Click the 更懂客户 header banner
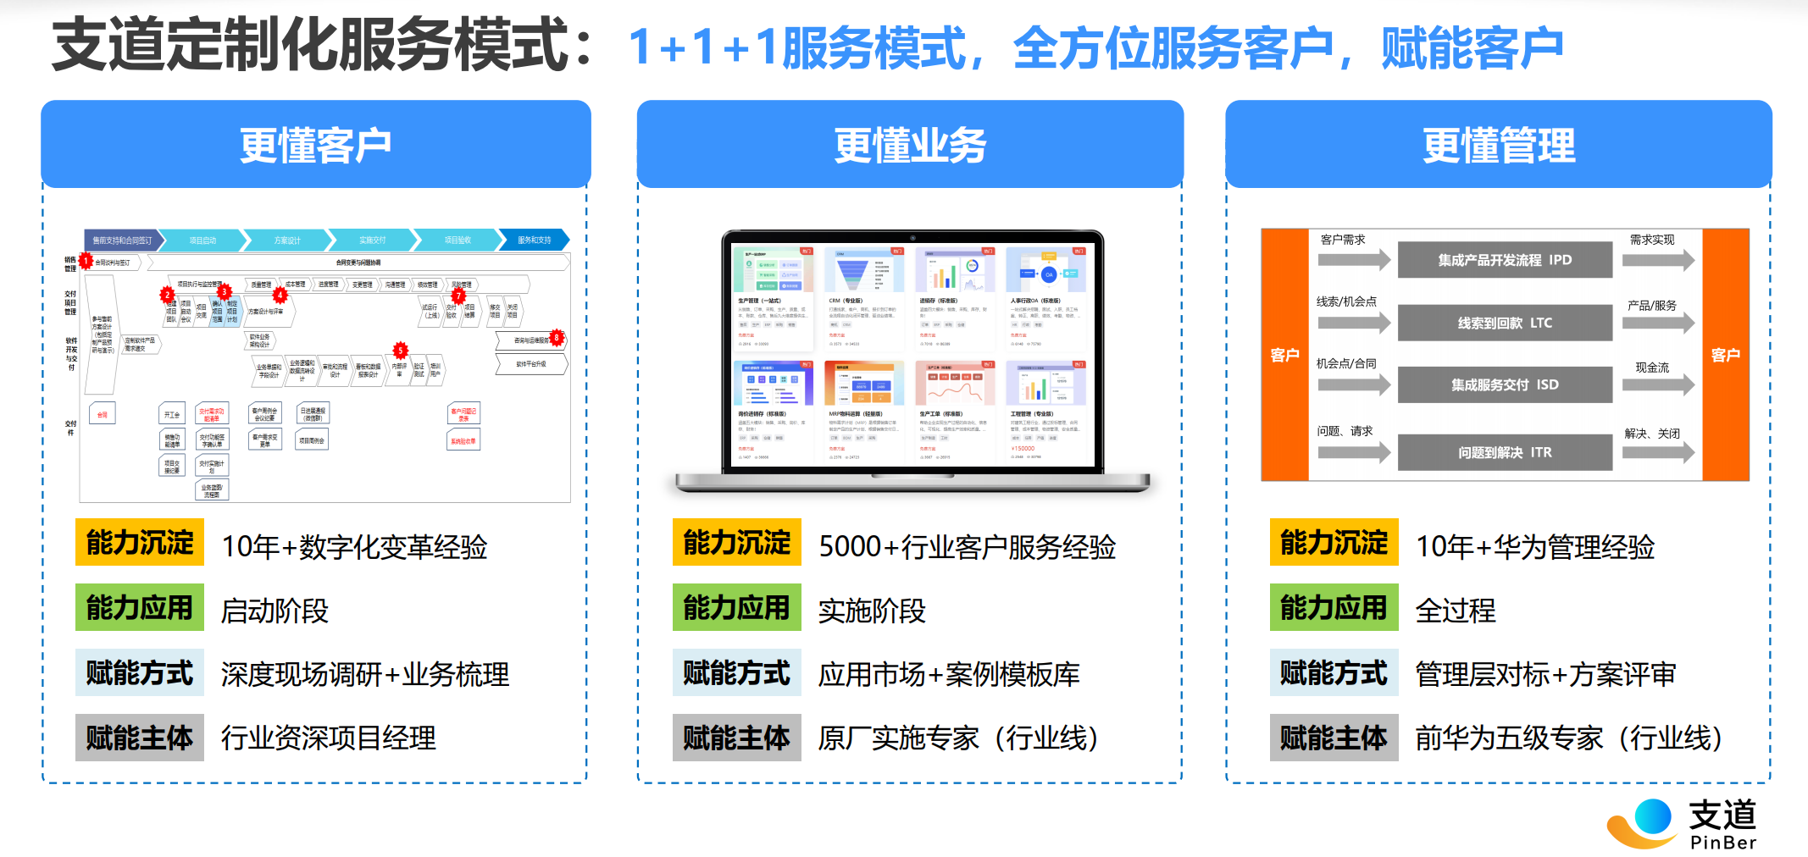(x=315, y=145)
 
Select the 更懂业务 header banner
(x=910, y=145)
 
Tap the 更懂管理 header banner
(x=1498, y=145)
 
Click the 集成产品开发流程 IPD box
(x=1505, y=260)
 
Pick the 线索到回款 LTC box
(x=1505, y=323)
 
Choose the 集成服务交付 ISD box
(x=1505, y=384)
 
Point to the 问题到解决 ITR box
(x=1505, y=452)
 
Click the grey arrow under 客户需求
(x=1354, y=259)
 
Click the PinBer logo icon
(x=1642, y=822)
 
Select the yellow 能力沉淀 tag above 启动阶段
(x=140, y=542)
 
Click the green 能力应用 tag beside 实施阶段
(x=736, y=607)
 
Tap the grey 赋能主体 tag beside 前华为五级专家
(x=1334, y=738)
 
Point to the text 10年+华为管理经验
(x=1535, y=546)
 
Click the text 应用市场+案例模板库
(x=949, y=674)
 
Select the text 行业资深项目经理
(x=329, y=738)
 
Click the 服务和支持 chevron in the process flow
(x=534, y=241)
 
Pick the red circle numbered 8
(x=557, y=338)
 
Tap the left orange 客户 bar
(x=1284, y=355)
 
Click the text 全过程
(x=1456, y=610)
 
